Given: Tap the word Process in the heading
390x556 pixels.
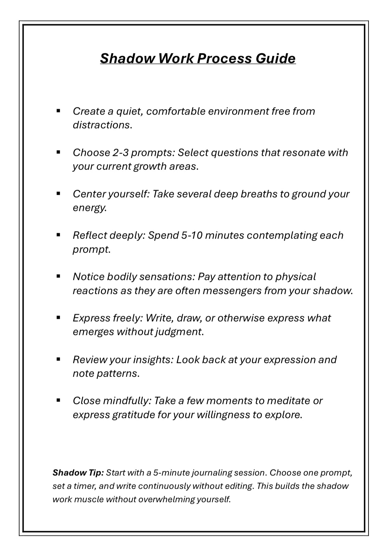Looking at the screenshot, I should pyautogui.click(x=224, y=58).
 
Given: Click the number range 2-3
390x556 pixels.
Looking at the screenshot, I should pyautogui.click(x=120, y=153).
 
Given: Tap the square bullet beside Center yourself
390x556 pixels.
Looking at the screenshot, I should pyautogui.click(x=58, y=193).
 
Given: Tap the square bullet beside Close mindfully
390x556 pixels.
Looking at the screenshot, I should pyautogui.click(x=58, y=400).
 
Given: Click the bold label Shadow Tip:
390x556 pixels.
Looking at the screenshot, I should pyautogui.click(x=78, y=473).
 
